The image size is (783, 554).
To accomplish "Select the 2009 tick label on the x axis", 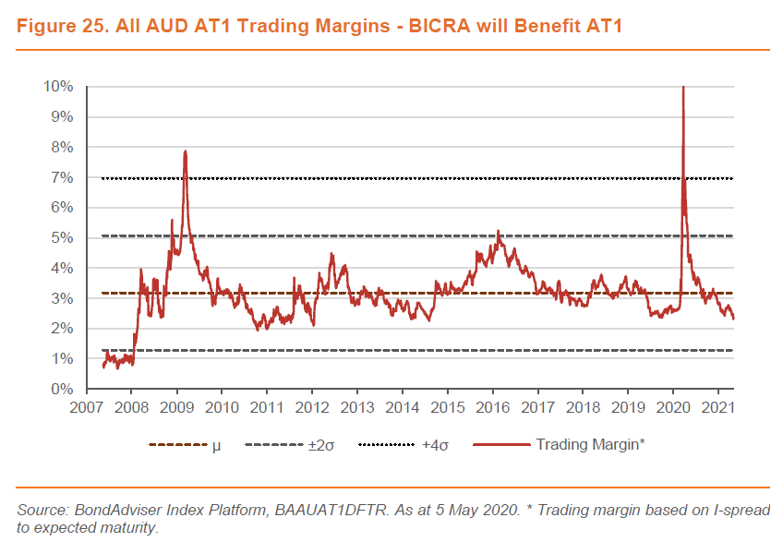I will [176, 407].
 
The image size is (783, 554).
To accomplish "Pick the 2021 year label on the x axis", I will [718, 407].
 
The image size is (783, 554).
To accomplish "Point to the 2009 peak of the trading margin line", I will [186, 151].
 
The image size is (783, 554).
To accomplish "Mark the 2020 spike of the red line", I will [682, 89].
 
